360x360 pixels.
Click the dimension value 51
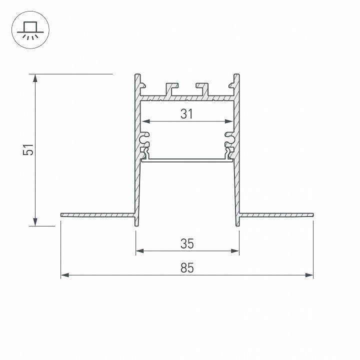(30, 149)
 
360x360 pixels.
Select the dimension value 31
(186, 114)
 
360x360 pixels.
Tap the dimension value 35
(187, 243)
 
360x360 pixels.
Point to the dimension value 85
(186, 268)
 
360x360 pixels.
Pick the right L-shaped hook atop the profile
(203, 87)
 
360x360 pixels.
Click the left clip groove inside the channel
(145, 135)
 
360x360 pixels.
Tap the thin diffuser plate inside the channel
(187, 160)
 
